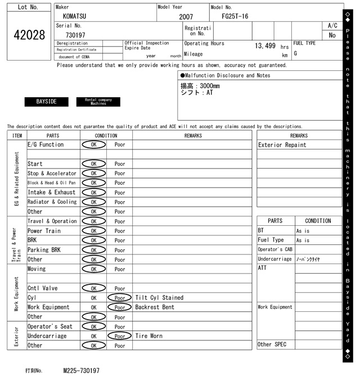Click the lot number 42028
click(29, 35)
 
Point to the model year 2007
click(186, 17)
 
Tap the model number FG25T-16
click(235, 17)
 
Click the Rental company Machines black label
click(98, 102)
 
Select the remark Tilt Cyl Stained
click(159, 298)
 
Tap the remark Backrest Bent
click(155, 307)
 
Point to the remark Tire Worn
click(149, 336)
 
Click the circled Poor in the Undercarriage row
click(120, 336)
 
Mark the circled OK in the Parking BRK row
click(93, 250)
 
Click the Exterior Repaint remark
click(282, 145)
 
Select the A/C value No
click(332, 35)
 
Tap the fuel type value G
click(295, 54)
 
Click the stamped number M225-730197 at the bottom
click(82, 371)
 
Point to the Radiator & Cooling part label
click(52, 202)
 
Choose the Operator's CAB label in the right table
click(275, 249)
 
